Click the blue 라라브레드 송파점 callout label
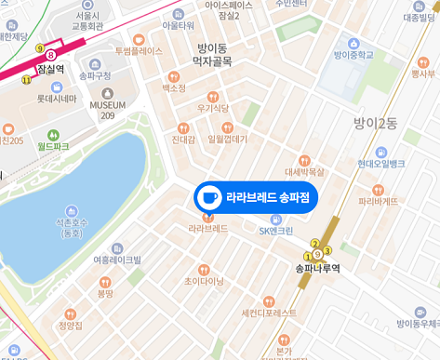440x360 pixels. [x=268, y=197]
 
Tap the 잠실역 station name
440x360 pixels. [x=50, y=69]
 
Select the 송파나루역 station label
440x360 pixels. [x=317, y=268]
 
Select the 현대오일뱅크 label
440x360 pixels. [x=380, y=164]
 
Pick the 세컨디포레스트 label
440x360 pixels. [x=268, y=313]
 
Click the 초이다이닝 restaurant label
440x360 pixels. [x=204, y=279]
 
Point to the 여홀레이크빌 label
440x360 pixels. [x=117, y=261]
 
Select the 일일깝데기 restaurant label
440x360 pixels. [x=227, y=140]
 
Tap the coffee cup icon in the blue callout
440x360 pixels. [x=208, y=197]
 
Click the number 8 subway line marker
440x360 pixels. [x=51, y=55]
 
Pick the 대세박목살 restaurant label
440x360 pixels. [x=304, y=171]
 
